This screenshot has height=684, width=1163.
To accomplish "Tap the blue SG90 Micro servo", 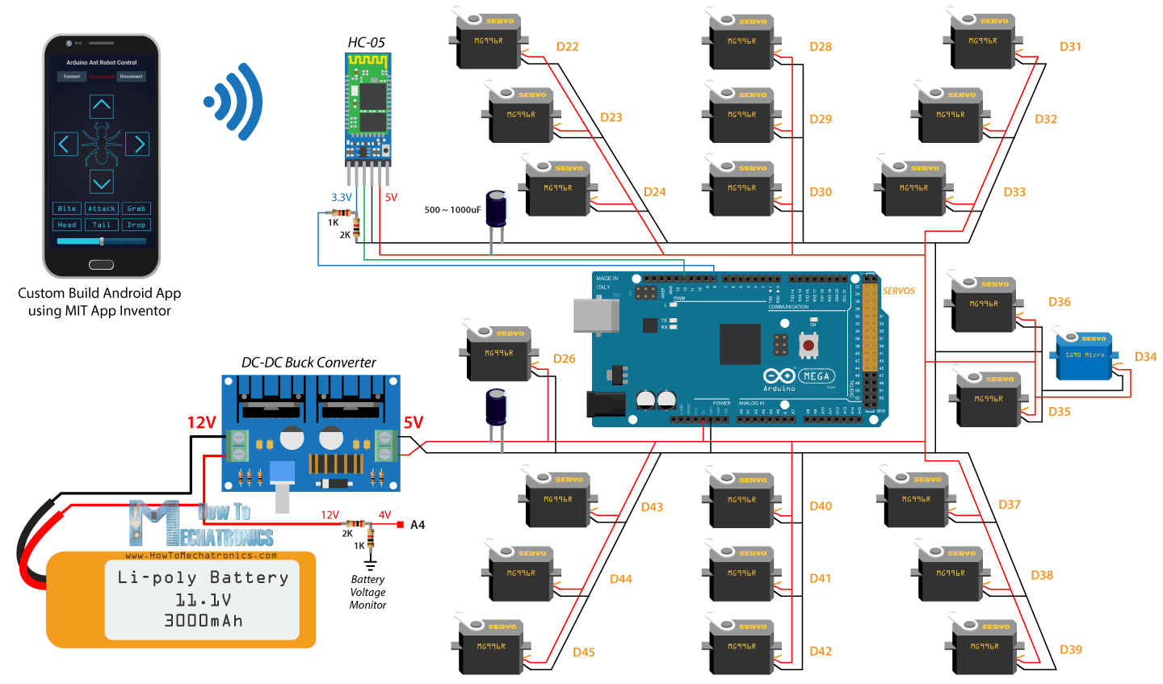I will [1084, 356].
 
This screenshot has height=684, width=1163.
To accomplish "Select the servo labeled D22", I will [488, 41].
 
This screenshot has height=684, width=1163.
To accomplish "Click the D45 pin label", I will [583, 653].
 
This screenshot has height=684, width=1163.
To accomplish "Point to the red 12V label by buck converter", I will [201, 423].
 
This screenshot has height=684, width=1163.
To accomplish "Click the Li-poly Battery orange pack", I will [181, 599].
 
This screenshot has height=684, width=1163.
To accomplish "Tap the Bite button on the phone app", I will [67, 208].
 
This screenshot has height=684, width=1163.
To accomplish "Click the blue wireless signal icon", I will [234, 102].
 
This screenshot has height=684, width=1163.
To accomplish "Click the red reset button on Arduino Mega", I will [807, 345].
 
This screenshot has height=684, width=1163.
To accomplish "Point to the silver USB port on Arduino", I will [596, 314].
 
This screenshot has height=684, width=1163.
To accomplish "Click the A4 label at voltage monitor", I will [418, 525].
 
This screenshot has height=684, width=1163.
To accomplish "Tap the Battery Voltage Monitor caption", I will [367, 592].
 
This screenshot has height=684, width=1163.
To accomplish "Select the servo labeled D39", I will [983, 647].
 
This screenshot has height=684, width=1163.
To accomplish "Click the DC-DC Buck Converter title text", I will [309, 363].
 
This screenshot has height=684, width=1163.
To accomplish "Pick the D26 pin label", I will [564, 359].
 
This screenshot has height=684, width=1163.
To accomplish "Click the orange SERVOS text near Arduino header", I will [898, 291].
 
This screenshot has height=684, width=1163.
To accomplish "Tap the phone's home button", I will [101, 265].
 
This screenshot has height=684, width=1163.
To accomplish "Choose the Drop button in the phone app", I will [136, 225].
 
